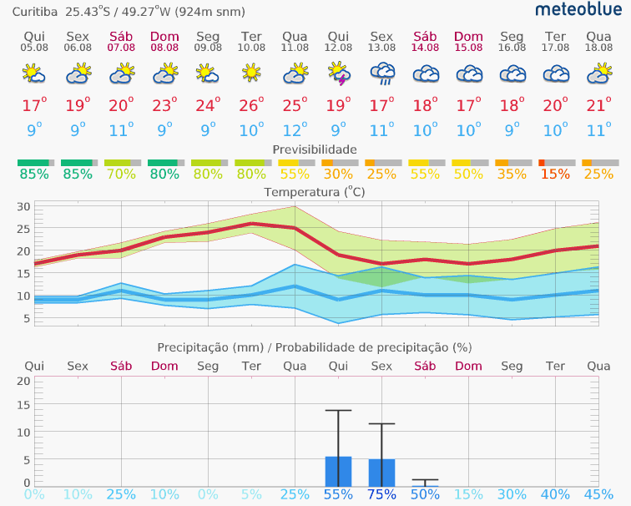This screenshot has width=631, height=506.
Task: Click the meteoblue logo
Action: point(578,10)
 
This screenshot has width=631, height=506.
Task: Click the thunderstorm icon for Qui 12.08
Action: point(338,75)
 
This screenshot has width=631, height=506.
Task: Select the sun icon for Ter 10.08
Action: point(251,75)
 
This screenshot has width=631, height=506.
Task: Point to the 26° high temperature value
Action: point(251,106)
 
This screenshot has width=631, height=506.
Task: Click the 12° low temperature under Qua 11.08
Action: point(295,130)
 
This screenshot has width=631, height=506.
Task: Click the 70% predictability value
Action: point(121,174)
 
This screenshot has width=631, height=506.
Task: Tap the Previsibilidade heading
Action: point(315,149)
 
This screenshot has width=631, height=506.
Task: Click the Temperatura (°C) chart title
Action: point(315,191)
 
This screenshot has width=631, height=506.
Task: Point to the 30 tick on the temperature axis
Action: point(23,207)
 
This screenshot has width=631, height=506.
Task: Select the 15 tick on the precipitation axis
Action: point(23,407)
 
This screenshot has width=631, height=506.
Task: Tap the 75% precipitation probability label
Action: point(381,494)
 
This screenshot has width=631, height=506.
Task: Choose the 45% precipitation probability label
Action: point(598,494)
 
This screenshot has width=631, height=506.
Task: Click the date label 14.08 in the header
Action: point(425,48)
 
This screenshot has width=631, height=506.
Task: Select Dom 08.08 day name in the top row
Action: point(164,37)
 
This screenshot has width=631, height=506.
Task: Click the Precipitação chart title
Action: point(315,347)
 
